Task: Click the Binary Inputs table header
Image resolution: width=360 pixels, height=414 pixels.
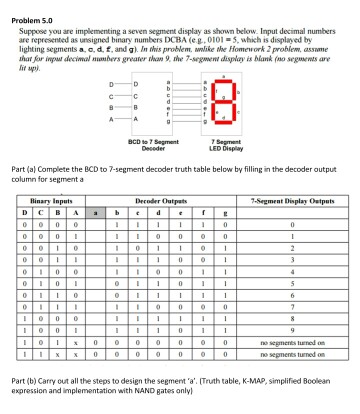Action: click(49, 200)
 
